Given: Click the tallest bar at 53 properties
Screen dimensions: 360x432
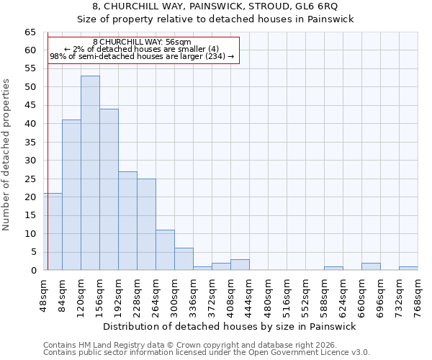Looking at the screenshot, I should click(x=90, y=173).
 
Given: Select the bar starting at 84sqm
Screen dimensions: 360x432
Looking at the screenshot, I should click(x=71, y=194).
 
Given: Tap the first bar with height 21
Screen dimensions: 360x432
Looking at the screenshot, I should click(x=53, y=231).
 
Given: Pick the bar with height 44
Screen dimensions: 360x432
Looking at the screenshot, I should click(x=109, y=189).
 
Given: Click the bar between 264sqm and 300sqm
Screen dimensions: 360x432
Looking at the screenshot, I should click(x=165, y=250).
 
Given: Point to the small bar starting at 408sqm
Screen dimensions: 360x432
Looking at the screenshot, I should click(x=240, y=265).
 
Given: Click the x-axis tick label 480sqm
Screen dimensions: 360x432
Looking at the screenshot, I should click(x=269, y=294).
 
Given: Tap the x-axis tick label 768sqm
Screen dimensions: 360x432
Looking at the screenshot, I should click(x=418, y=294).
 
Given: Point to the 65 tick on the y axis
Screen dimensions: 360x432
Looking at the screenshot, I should click(x=30, y=32).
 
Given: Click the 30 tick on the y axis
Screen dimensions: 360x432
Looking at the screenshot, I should click(x=30, y=161).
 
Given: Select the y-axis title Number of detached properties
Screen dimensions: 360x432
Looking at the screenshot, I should click(x=6, y=155).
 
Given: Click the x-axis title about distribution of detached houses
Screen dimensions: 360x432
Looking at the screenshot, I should click(x=230, y=326).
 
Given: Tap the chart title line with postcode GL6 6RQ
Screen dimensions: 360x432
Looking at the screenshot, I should click(x=215, y=6).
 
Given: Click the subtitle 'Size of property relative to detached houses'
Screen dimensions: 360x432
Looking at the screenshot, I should click(x=215, y=19).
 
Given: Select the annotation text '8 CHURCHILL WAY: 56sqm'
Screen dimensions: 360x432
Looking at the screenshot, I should click(x=142, y=42).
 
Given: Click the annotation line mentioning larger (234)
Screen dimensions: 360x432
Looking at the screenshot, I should click(x=142, y=55).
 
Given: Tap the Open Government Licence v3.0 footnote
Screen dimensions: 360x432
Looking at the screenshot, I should click(x=207, y=352).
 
